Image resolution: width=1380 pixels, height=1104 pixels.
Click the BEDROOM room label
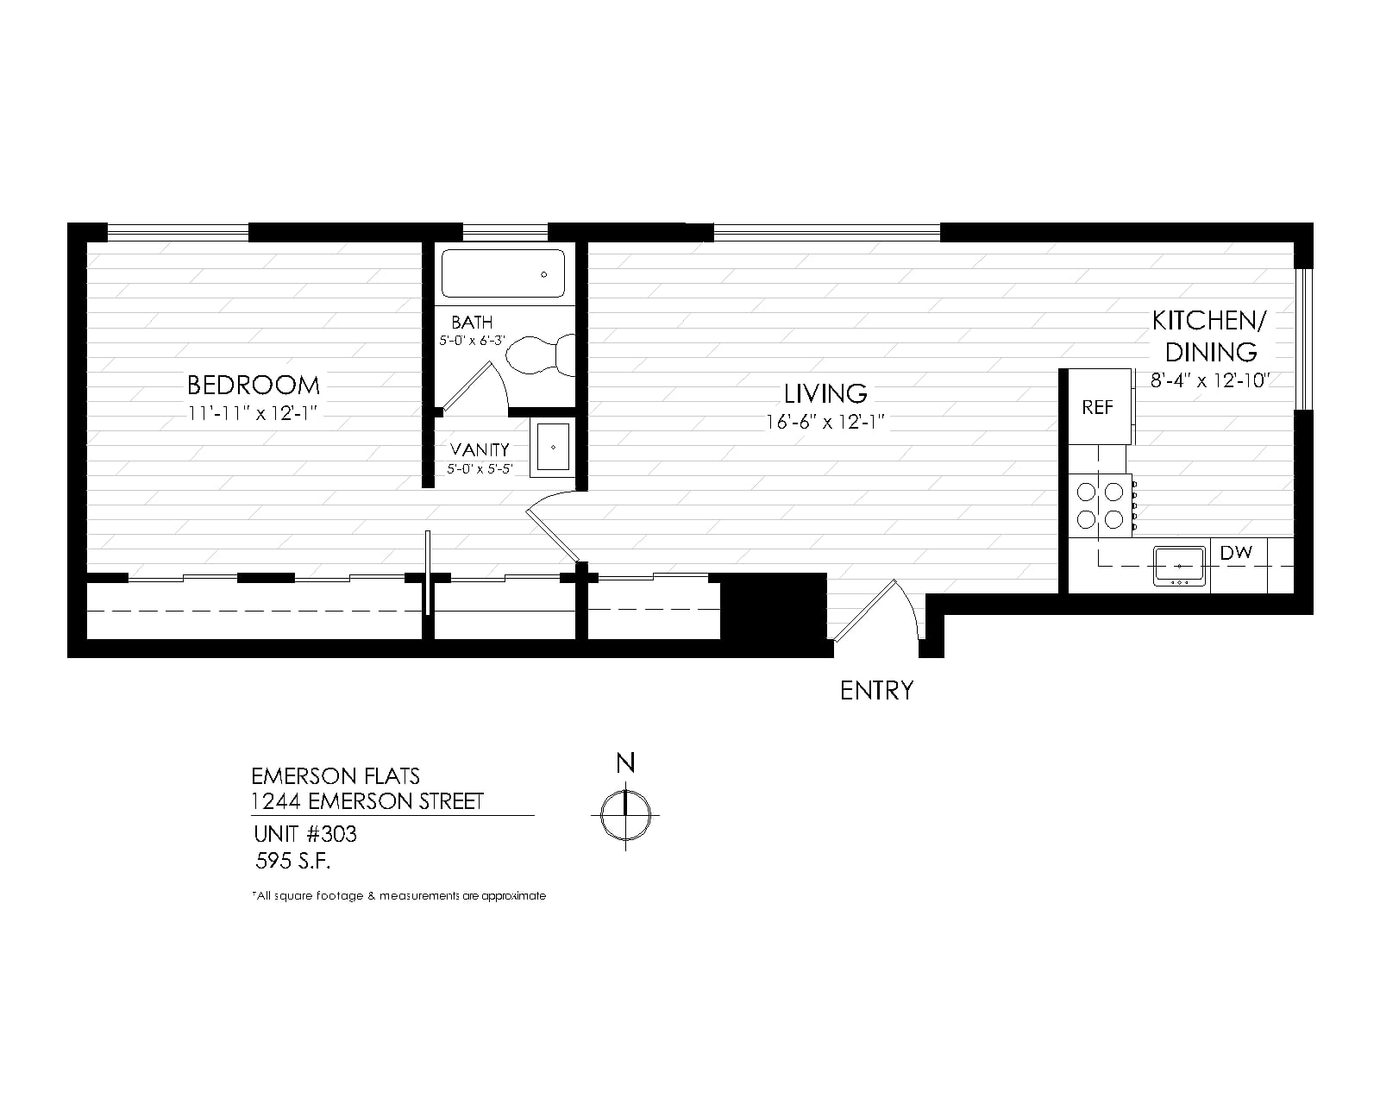pos(254,385)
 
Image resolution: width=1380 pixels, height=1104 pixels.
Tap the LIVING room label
pos(825,393)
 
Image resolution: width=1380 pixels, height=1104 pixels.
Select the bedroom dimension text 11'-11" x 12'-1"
pos(253,413)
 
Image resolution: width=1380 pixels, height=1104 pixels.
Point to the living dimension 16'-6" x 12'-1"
pos(825,422)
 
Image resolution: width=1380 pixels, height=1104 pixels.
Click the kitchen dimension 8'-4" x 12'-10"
pos(1209,380)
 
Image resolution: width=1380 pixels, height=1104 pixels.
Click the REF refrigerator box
pos(1099,406)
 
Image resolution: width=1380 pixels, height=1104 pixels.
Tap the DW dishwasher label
pos(1236,552)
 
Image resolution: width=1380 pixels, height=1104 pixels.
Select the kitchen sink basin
pos(1179,566)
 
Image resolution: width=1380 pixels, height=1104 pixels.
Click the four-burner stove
pos(1101,505)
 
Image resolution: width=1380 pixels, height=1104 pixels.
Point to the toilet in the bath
pos(540,354)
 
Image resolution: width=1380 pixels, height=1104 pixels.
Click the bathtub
pos(503,273)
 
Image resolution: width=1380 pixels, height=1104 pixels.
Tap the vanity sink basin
pos(553,447)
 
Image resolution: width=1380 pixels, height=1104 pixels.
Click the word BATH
pos(472,322)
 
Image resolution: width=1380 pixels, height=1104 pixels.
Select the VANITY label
pos(479,449)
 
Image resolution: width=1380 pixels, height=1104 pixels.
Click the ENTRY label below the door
pos(876,690)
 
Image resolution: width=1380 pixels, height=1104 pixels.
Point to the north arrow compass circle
pos(625,815)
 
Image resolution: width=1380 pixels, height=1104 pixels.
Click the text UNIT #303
pos(305,834)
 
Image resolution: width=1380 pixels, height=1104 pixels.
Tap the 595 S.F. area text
pos(293,861)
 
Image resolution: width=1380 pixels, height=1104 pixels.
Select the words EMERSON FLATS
pos(336,776)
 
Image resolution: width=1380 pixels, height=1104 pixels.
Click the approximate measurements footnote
pos(398,895)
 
